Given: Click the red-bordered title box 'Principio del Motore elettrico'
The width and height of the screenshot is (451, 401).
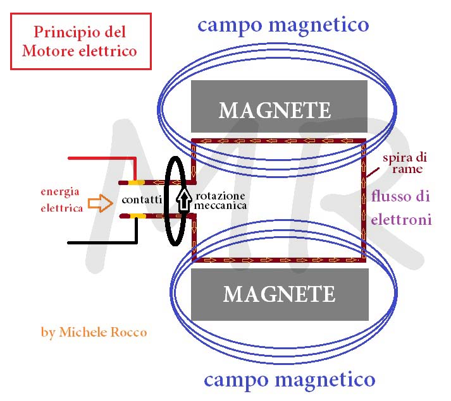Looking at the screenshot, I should click(81, 41).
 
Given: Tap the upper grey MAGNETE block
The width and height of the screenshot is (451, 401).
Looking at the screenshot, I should click(279, 106).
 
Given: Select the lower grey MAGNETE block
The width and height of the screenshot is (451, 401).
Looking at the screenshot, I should click(279, 294).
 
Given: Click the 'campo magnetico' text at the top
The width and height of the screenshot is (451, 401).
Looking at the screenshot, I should click(283, 25).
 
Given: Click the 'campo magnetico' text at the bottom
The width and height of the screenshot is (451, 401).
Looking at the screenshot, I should click(289, 380).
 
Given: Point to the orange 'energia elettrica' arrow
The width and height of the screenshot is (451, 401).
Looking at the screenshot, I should click(99, 203).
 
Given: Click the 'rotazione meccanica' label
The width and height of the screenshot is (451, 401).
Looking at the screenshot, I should click(220, 200).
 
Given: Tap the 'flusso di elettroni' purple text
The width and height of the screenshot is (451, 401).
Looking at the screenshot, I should click(401, 208).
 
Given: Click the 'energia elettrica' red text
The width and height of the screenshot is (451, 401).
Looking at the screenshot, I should click(61, 199).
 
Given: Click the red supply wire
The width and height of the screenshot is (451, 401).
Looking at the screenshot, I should click(101, 158).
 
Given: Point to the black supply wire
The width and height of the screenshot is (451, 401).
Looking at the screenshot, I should click(101, 242).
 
